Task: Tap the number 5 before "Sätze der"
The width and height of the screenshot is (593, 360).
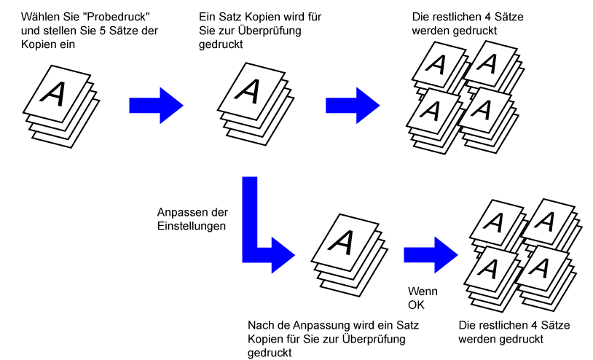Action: click(x=103, y=31)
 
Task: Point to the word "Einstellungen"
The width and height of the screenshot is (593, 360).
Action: click(x=192, y=226)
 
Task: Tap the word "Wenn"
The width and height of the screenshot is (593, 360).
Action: click(x=423, y=291)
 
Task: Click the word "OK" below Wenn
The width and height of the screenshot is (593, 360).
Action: click(x=416, y=305)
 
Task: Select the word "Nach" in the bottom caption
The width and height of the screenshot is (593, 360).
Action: click(x=260, y=325)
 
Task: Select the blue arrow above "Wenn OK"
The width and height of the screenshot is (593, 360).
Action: click(x=431, y=255)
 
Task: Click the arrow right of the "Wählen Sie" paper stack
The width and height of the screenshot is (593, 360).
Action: click(x=156, y=106)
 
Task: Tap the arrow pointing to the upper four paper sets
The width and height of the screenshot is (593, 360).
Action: click(x=353, y=106)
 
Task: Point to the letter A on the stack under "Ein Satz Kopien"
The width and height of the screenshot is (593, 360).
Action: click(x=248, y=91)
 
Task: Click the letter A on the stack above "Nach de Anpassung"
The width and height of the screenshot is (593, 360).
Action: click(x=342, y=242)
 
